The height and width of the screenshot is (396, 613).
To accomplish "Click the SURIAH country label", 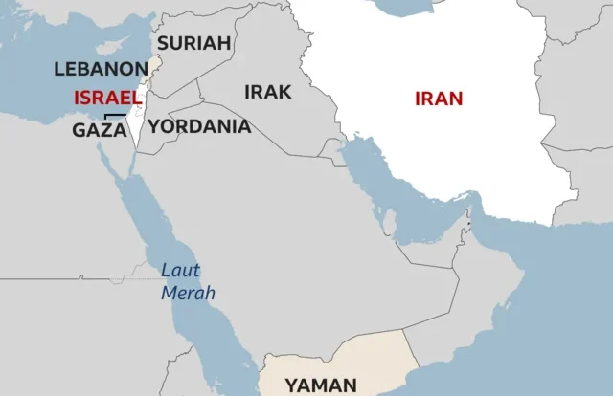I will (194, 43).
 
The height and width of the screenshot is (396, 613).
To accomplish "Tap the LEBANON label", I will (101, 70).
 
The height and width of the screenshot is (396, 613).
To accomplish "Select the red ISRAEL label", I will (106, 98).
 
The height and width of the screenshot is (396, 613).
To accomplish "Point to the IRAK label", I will (268, 92).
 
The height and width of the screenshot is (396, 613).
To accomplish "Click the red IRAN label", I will (439, 98).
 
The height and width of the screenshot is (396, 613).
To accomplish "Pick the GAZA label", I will (99, 130).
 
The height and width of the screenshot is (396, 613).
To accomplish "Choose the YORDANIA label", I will (200, 126).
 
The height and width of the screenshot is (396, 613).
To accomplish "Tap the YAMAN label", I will (320, 385).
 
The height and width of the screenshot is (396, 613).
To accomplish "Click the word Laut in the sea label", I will (180, 270).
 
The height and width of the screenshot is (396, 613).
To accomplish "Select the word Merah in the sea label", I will (188, 293).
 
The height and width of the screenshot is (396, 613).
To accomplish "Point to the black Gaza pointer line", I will (115, 117).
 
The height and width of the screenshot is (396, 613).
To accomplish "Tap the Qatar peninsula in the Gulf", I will (389, 223).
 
